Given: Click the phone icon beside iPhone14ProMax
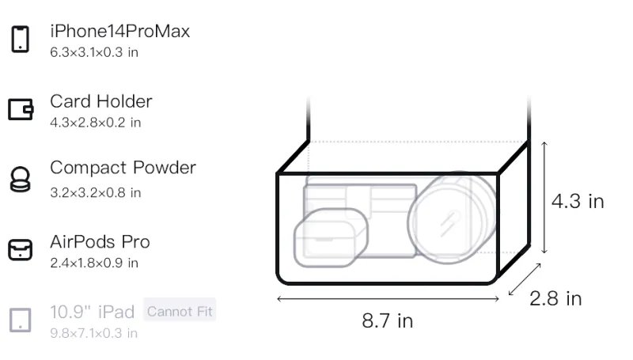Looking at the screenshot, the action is coord(21,39).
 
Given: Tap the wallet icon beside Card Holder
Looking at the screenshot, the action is coord(21,109).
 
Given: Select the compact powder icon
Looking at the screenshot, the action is coord(20,179).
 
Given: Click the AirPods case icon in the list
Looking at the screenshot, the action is coord(21,249).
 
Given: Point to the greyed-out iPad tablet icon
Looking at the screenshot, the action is coord(21,320).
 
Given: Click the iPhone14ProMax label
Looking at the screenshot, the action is coord(120,31).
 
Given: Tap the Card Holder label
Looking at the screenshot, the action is coord(101,101).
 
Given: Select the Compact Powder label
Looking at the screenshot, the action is coord(123,168).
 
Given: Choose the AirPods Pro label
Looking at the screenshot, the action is coord(100,242).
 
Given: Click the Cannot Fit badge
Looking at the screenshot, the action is coord(180,311).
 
